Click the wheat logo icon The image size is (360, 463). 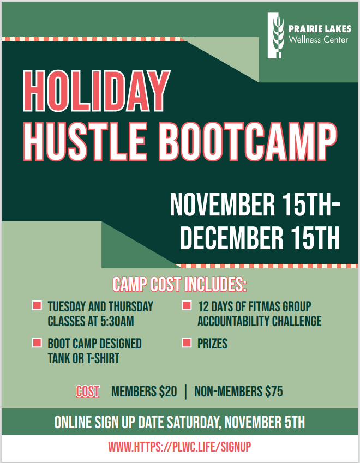click(277, 35)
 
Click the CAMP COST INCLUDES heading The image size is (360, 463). click(179, 284)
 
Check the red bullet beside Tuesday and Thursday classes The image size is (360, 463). click(37, 305)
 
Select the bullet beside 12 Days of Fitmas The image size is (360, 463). click(187, 305)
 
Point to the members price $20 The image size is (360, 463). click(167, 391)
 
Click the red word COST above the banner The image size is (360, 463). click(88, 391)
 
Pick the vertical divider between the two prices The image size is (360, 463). click(185, 391)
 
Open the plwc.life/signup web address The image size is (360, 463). click(179, 447)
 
